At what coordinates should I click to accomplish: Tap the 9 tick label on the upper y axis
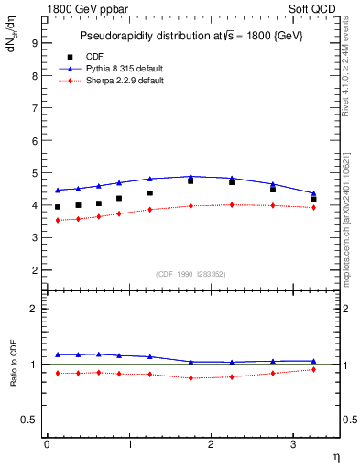coord(34,42)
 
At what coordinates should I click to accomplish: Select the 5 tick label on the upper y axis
coord(34,172)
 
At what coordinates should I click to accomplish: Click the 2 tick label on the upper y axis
coord(34,270)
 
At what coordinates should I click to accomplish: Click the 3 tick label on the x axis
coord(293,444)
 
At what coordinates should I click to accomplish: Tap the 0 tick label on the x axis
coord(47,444)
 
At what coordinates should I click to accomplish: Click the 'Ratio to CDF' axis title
coord(14,365)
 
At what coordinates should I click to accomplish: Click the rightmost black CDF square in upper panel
coord(313,199)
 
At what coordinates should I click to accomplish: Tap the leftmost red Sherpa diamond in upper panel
coord(57,220)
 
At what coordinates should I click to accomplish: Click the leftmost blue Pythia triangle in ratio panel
coord(57,354)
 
